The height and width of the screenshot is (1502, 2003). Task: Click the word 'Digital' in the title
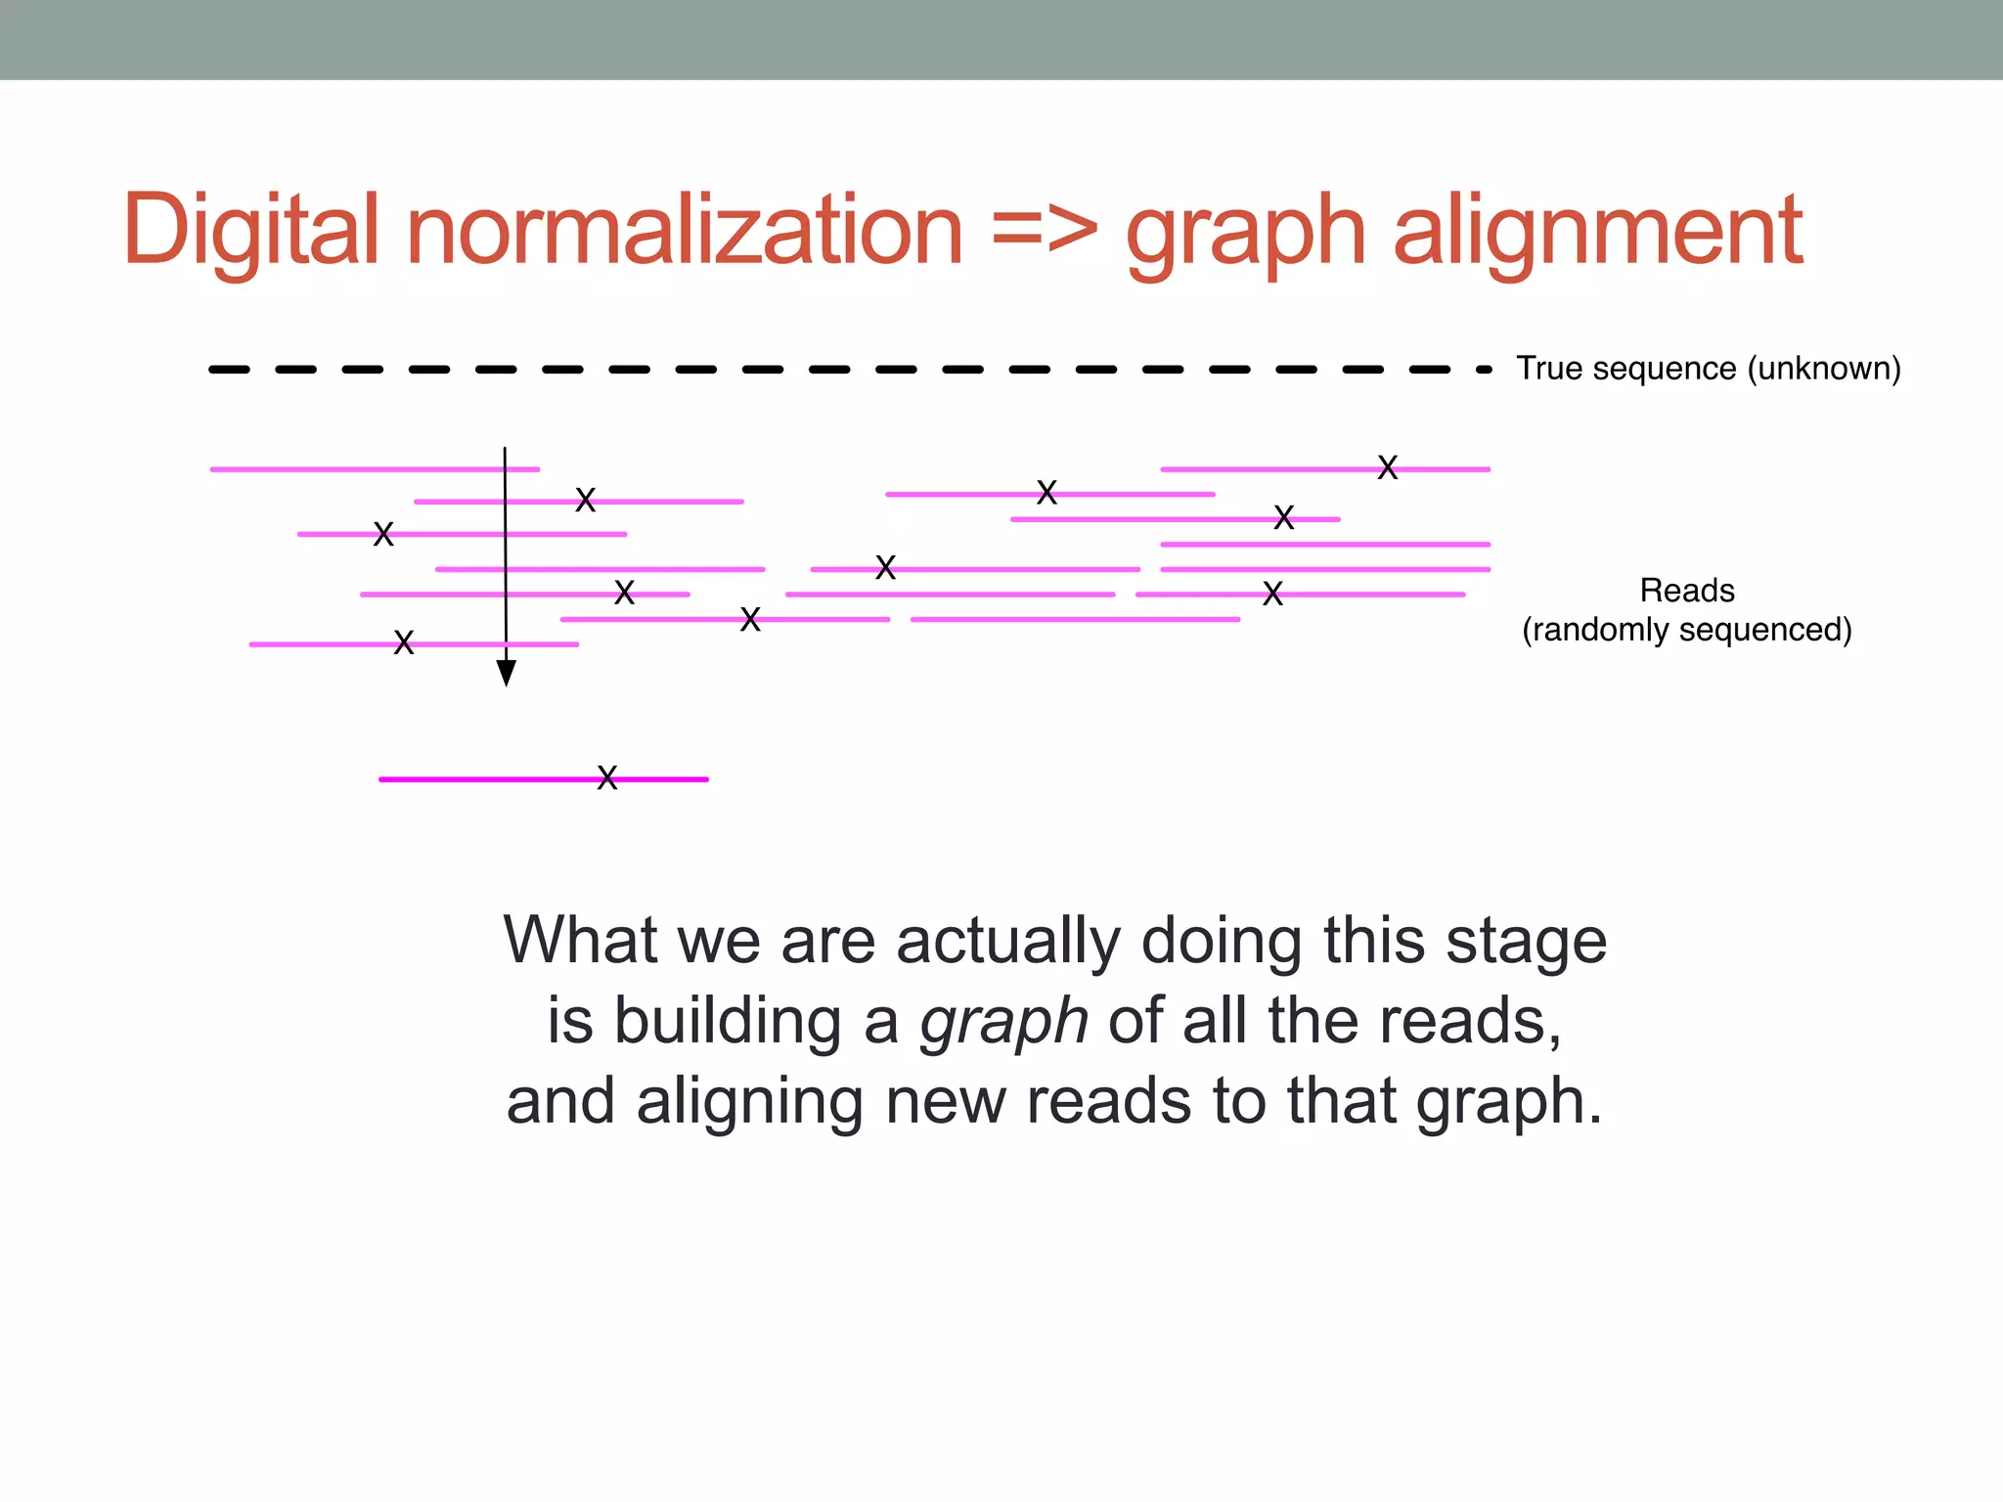point(250,231)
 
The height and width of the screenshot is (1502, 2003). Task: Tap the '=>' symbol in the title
point(1045,231)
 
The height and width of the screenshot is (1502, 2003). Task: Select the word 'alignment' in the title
point(1597,233)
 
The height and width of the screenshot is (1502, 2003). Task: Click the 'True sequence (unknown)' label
point(1708,369)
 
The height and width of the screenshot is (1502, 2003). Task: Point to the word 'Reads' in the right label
point(1686,591)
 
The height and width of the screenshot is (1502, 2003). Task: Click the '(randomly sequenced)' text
point(1686,630)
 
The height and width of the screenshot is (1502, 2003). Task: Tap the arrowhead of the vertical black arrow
point(506,673)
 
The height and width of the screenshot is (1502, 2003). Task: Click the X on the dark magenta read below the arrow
point(607,778)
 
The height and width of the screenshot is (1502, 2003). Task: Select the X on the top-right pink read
point(1387,467)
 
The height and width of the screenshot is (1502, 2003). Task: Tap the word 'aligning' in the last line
point(749,1102)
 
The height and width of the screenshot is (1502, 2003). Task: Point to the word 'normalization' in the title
point(685,231)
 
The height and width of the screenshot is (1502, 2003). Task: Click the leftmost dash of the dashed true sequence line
point(229,370)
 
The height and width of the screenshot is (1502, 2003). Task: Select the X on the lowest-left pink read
point(404,642)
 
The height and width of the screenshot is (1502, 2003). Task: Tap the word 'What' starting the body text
point(581,941)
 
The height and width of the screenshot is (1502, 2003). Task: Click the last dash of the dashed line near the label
point(1484,370)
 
